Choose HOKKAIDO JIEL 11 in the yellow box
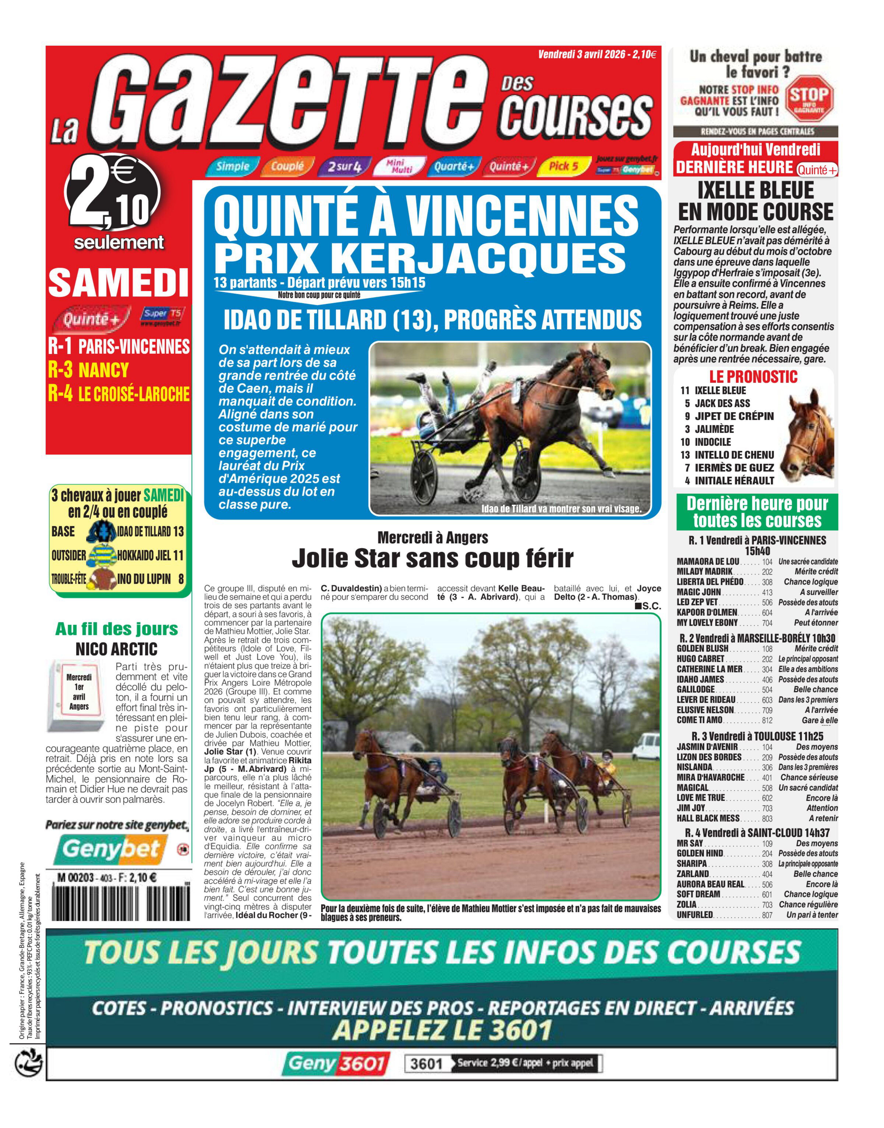pyautogui.click(x=150, y=556)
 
